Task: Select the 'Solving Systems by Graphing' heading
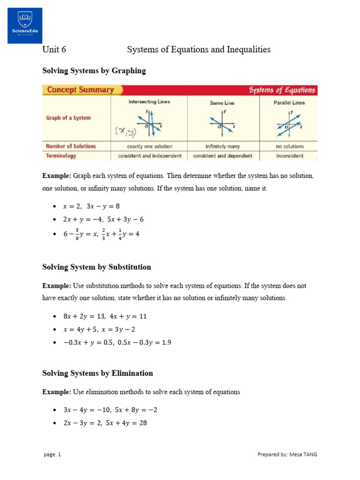94,71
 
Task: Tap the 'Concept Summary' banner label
82,90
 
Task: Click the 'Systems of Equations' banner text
282,90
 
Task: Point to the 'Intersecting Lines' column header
149,102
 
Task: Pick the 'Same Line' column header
222,103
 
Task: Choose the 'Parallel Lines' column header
289,103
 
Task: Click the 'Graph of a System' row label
68,118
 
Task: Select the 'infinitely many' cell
222,146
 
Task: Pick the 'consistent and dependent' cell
222,156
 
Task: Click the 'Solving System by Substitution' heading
97,267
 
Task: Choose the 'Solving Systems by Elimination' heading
97,373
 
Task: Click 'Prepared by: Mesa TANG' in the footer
287,454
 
